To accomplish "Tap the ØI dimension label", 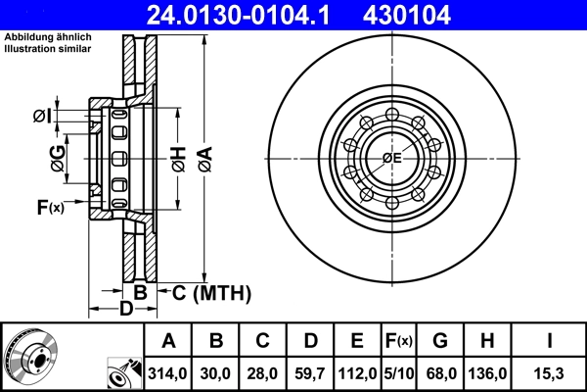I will [41, 117].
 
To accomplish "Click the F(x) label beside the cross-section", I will [49, 207].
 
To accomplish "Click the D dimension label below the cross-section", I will [125, 310].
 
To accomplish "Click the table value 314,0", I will [169, 372].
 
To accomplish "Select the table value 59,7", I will [311, 372].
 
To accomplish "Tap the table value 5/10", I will [398, 372].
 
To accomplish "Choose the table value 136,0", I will [489, 372].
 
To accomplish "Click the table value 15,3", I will [551, 372].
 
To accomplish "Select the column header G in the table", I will [441, 341].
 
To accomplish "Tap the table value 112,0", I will [358, 372].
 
